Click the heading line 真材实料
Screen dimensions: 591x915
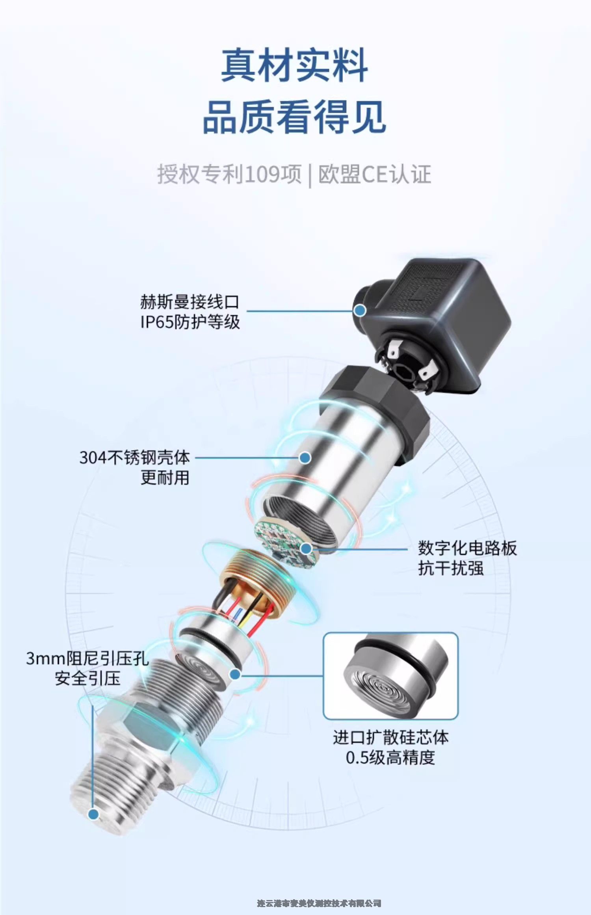point(294,65)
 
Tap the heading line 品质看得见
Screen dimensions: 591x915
point(294,117)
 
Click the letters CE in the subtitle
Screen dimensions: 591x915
point(375,174)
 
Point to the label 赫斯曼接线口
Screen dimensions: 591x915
point(190,301)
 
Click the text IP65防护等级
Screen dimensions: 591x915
point(190,322)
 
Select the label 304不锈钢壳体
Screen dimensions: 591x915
point(135,457)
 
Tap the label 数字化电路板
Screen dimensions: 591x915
point(467,548)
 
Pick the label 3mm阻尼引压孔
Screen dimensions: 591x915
point(87,658)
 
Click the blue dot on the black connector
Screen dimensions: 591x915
point(359,311)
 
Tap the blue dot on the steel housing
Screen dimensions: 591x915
point(305,457)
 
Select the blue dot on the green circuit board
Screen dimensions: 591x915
point(306,548)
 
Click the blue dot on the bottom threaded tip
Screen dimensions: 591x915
point(93,814)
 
